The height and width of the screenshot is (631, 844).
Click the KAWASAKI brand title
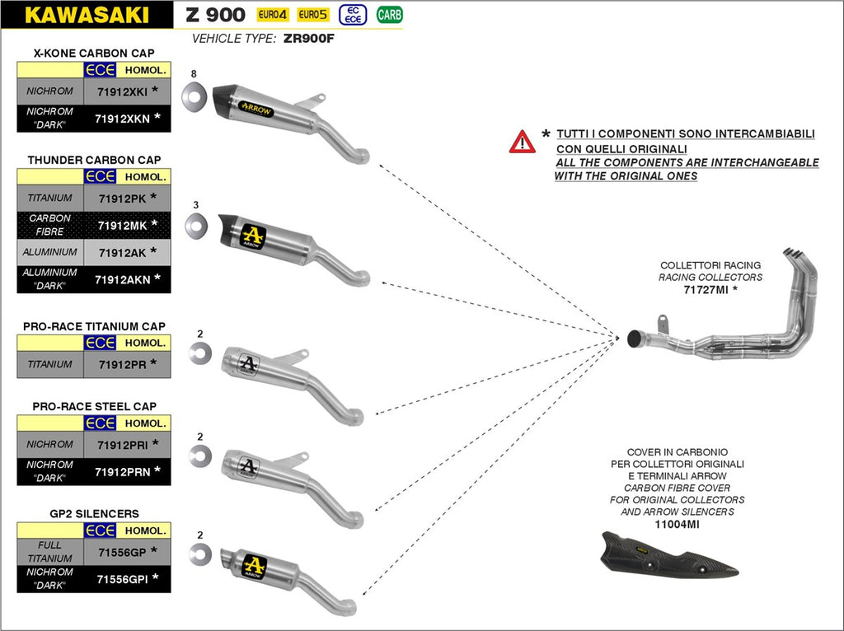point(87,15)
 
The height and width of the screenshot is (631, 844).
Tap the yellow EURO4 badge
point(272,15)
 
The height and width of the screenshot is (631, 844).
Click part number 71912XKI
point(122,91)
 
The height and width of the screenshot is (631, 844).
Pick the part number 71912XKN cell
point(122,119)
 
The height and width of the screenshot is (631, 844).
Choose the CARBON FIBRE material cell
point(49,224)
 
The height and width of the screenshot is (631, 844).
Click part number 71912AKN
point(122,279)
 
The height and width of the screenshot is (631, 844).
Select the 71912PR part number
point(122,363)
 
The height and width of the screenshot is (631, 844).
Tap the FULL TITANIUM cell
point(49,551)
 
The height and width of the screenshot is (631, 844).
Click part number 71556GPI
point(122,577)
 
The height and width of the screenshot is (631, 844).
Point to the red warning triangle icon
point(522,142)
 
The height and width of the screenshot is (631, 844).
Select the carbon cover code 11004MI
point(677,524)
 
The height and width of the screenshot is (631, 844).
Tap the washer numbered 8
point(195,96)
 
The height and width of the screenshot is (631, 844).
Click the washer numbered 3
point(195,223)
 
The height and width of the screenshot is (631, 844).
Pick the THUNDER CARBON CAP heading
point(94,159)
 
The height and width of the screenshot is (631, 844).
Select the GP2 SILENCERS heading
point(94,513)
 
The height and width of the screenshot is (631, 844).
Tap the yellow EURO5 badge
point(312,15)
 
